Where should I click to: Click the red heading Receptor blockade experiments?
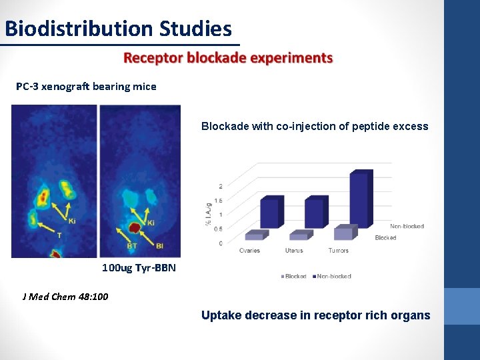click(228, 58)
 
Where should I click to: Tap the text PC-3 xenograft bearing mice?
click(87, 86)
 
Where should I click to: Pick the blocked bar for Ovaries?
click(255, 235)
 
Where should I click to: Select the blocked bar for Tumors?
click(345, 233)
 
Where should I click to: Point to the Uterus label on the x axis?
click(293, 251)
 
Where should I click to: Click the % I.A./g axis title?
click(208, 213)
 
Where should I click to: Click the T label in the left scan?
click(59, 235)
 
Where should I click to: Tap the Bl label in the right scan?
click(159, 246)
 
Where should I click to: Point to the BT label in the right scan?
click(132, 246)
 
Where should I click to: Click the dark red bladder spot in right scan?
click(135, 228)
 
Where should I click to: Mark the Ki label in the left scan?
click(71, 221)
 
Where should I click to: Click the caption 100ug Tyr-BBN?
click(139, 268)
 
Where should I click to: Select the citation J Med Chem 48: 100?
click(65, 297)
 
